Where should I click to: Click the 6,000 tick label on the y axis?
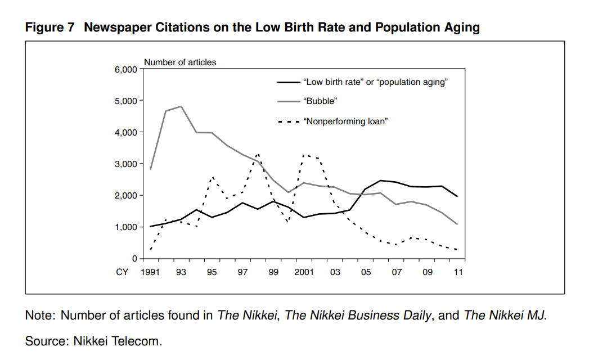click(x=127, y=69)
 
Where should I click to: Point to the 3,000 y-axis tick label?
click(x=127, y=164)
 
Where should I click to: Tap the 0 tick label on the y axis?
click(x=134, y=258)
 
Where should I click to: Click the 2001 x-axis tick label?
click(x=304, y=272)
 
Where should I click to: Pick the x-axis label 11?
click(x=458, y=272)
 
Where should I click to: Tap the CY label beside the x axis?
click(x=122, y=272)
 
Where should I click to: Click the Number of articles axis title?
click(x=180, y=62)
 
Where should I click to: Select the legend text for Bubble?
click(x=320, y=101)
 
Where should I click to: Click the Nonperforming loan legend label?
click(x=345, y=121)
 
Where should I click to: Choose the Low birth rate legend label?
click(x=375, y=82)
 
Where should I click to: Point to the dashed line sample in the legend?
click(x=288, y=121)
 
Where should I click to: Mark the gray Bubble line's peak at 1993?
click(x=181, y=106)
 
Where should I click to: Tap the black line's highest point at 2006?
click(x=381, y=181)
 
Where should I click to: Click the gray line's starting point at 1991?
click(x=151, y=169)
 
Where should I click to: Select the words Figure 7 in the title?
click(x=50, y=28)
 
